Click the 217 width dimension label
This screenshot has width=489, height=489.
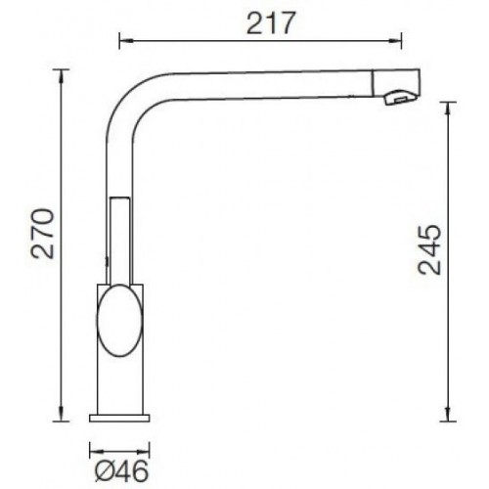pyautogui.click(x=271, y=22)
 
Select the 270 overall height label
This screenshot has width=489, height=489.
pyautogui.click(x=42, y=234)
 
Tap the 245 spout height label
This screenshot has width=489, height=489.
pyautogui.click(x=429, y=249)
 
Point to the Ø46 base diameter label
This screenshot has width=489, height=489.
pyautogui.click(x=121, y=471)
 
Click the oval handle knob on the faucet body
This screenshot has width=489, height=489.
pyautogui.click(x=120, y=320)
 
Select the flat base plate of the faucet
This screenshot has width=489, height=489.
pyautogui.click(x=119, y=418)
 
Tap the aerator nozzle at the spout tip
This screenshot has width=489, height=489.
pyautogui.click(x=400, y=97)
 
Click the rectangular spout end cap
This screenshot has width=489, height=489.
pyautogui.click(x=396, y=82)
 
